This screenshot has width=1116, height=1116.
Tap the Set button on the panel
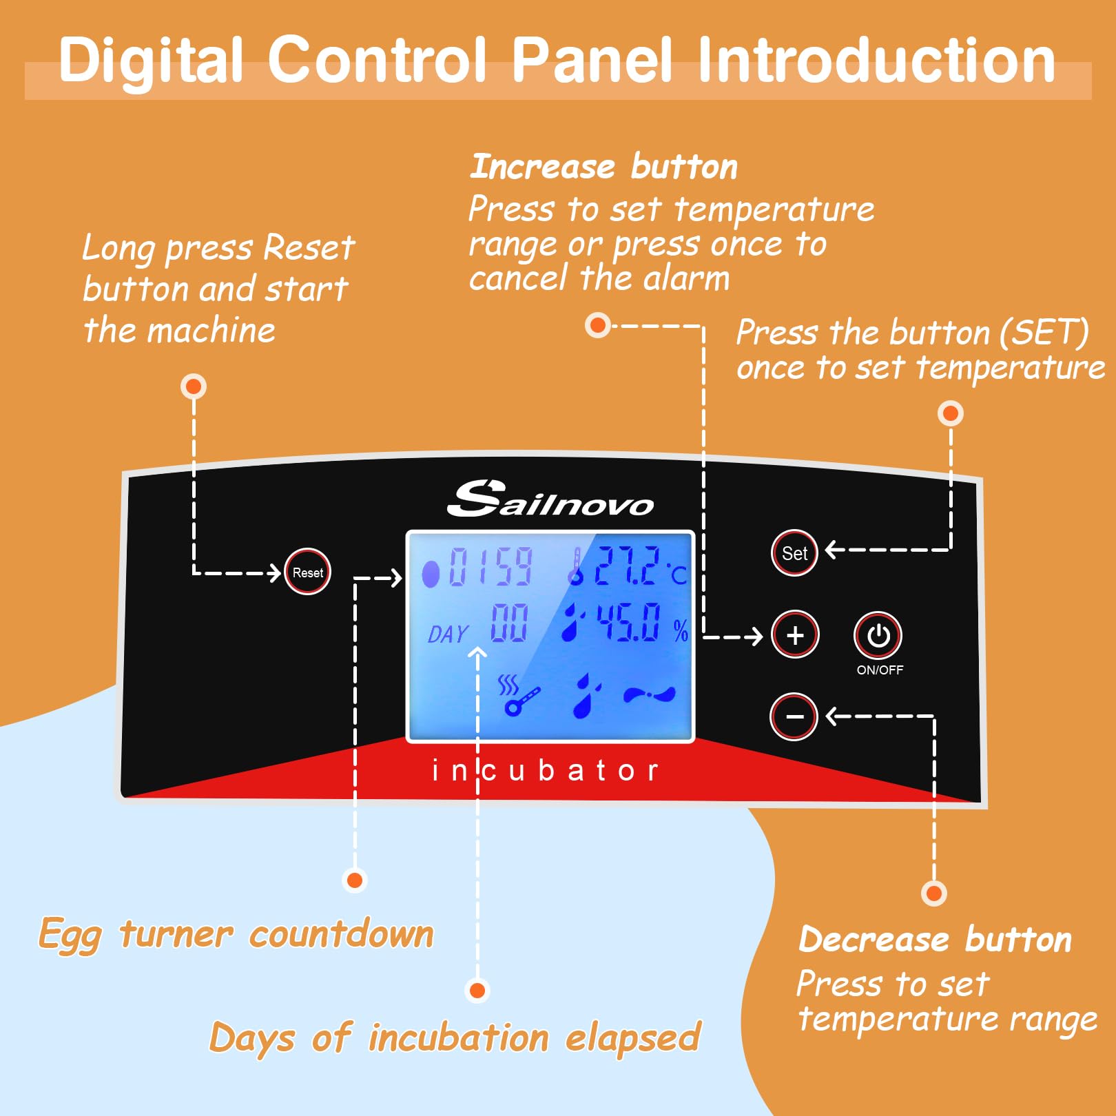(x=794, y=552)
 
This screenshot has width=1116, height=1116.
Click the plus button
(x=795, y=634)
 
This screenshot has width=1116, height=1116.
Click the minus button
(x=794, y=716)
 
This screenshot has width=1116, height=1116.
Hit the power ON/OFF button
(x=878, y=635)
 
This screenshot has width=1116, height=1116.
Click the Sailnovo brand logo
(x=550, y=500)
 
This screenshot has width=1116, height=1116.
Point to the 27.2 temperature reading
(x=627, y=567)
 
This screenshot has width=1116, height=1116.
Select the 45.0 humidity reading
(x=628, y=622)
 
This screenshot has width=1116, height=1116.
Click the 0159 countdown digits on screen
(x=490, y=567)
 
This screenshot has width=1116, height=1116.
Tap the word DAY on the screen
(x=448, y=634)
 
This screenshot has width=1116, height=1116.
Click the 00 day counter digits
(x=509, y=623)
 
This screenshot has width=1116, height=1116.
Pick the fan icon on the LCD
(x=649, y=694)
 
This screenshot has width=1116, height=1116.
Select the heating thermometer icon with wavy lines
(x=518, y=696)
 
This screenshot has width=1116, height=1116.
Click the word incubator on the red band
(x=544, y=770)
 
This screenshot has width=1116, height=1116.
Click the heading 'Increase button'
(x=603, y=167)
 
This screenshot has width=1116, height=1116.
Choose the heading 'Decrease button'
(x=935, y=939)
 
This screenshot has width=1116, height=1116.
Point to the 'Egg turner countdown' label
(x=236, y=935)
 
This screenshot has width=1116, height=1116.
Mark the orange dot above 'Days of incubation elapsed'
(x=477, y=991)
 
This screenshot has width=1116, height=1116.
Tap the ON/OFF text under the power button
(x=880, y=670)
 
